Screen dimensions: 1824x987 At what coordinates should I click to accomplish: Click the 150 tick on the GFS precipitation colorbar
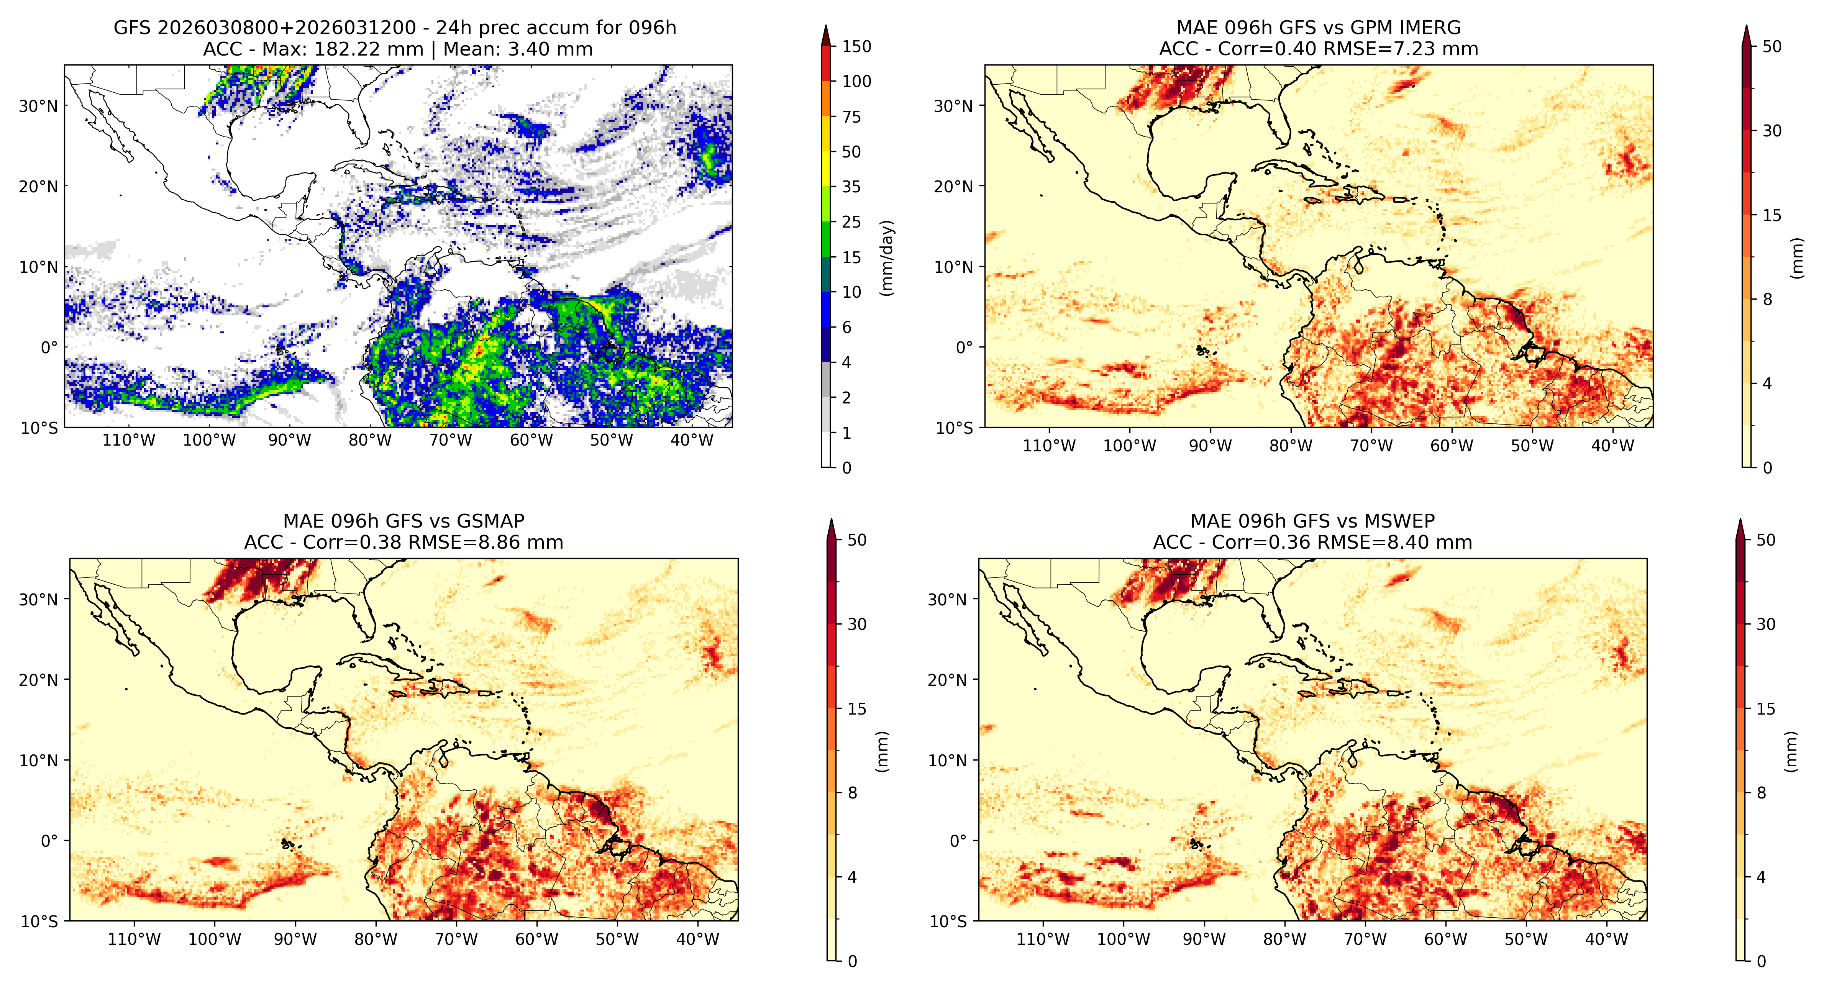(x=856, y=47)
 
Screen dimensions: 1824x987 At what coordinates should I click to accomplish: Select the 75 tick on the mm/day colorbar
(x=851, y=117)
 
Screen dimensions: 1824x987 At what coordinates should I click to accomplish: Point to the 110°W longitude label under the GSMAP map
(x=134, y=939)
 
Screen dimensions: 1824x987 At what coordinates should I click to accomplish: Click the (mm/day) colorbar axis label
(x=886, y=258)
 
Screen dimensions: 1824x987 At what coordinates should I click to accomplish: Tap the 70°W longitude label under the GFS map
(x=450, y=440)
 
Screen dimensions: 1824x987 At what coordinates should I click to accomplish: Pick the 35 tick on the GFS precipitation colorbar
(x=851, y=187)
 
